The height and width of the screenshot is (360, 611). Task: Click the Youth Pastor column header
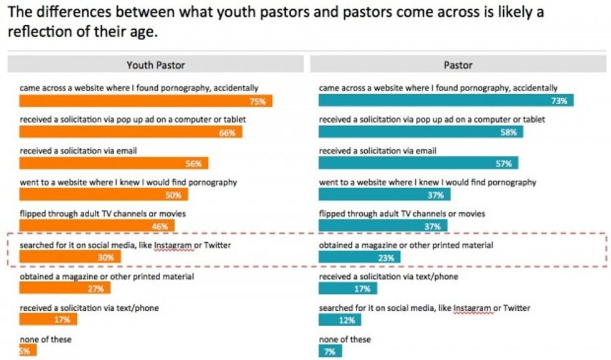tap(155, 65)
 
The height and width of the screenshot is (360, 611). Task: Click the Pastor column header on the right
tap(458, 65)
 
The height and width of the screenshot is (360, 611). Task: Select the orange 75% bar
tap(146, 100)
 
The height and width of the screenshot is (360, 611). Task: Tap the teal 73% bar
tap(446, 100)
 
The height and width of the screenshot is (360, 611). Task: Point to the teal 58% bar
tap(421, 132)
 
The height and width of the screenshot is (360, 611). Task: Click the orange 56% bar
tap(113, 163)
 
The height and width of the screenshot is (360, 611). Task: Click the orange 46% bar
tap(97, 226)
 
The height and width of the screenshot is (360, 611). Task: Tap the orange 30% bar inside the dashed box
tap(70, 257)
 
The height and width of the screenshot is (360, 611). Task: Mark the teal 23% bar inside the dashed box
tap(360, 257)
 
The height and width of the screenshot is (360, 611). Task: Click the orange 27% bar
tap(65, 288)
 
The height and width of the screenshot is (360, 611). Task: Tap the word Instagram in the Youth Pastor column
tap(173, 245)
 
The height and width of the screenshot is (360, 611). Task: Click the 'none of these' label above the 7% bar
tap(345, 339)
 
